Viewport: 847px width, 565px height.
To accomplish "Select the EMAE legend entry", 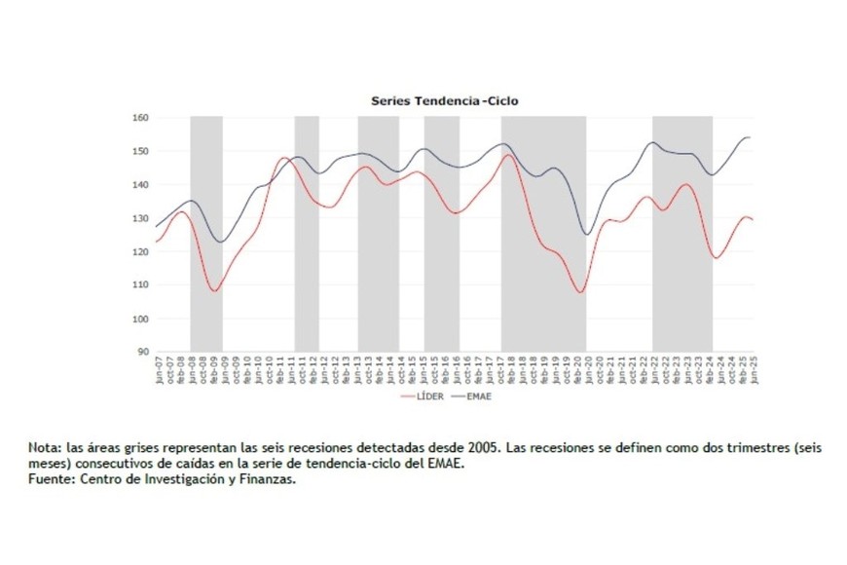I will point(478,397).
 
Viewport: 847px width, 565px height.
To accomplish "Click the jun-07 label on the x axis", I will point(159,371).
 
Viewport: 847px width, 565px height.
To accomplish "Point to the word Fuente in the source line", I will point(51,478).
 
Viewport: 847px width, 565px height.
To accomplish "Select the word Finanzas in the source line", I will point(267,478).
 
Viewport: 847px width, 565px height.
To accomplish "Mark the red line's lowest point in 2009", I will point(215,290).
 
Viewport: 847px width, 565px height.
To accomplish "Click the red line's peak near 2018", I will point(508,155).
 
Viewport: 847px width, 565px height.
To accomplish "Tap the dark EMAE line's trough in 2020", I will point(587,234).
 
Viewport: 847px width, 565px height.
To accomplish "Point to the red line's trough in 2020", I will point(580,291).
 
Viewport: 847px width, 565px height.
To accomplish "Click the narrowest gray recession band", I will point(307,234).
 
